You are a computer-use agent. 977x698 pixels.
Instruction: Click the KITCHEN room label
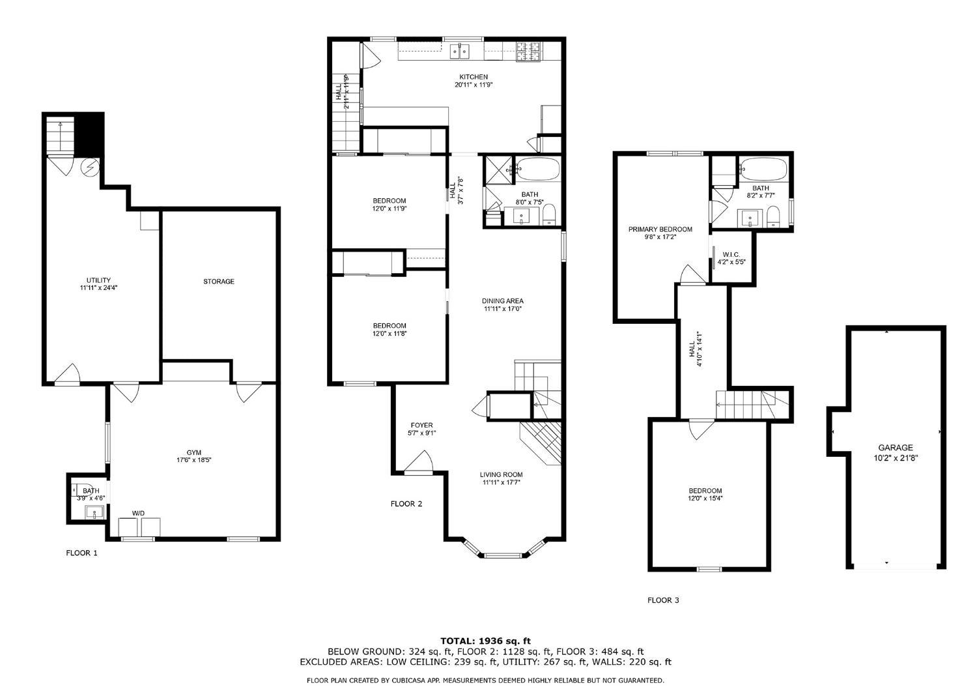click(474, 77)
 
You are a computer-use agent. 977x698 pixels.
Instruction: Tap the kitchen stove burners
click(529, 51)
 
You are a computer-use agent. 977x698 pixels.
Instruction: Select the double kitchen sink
click(460, 51)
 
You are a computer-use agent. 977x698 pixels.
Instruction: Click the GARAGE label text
click(896, 448)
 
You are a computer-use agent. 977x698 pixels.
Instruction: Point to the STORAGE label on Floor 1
click(218, 282)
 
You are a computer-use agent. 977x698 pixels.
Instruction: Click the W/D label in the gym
click(138, 514)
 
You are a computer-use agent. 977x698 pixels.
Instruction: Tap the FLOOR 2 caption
click(406, 504)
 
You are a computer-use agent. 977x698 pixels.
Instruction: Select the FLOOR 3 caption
click(663, 600)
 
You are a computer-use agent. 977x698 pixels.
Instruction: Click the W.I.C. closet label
click(731, 254)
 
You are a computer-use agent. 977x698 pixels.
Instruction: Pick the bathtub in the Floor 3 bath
click(763, 169)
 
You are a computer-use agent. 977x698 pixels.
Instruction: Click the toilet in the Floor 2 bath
click(548, 214)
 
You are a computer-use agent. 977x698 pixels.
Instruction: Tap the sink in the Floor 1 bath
click(94, 512)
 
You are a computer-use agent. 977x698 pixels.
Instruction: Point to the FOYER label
click(421, 425)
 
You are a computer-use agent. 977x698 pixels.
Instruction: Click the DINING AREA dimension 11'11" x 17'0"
click(502, 309)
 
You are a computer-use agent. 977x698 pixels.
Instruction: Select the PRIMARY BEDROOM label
click(660, 229)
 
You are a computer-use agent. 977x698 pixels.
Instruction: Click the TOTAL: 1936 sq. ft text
click(485, 641)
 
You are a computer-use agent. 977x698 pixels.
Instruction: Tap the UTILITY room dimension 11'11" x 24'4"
click(98, 287)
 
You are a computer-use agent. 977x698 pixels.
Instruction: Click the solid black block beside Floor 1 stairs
click(90, 133)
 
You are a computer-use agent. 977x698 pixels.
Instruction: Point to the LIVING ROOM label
click(501, 474)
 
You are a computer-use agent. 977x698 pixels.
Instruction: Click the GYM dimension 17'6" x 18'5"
click(193, 459)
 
